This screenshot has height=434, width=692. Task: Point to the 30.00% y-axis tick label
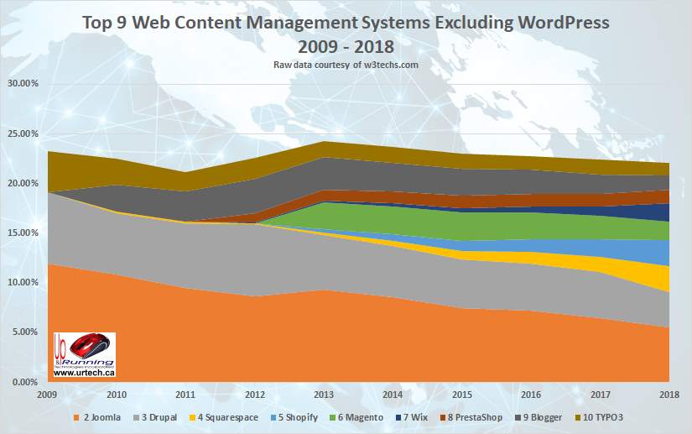(23, 84)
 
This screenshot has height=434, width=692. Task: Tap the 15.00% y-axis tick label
(23, 233)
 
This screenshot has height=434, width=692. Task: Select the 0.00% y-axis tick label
(25, 382)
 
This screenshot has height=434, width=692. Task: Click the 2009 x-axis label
(49, 395)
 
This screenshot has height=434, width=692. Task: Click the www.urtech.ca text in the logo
(86, 372)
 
